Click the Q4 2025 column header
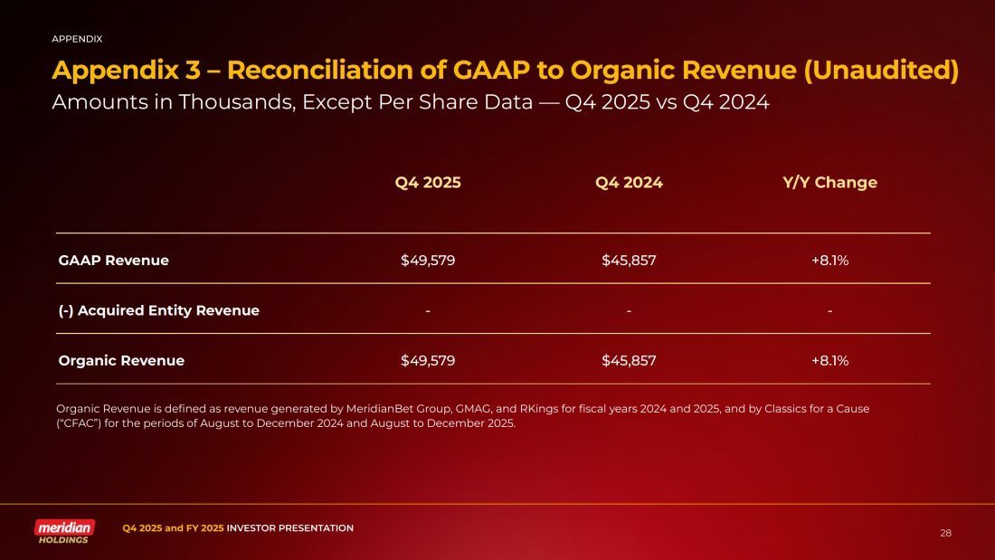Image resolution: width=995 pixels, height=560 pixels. click(428, 183)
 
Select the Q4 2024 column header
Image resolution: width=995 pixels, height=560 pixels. click(629, 183)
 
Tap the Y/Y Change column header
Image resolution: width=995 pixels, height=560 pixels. click(829, 183)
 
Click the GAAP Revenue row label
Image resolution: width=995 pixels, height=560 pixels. click(114, 261)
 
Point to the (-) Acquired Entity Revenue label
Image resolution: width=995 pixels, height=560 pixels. click(159, 310)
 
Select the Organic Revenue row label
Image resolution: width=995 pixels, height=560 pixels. click(121, 360)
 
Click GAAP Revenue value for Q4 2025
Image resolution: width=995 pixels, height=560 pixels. click(428, 261)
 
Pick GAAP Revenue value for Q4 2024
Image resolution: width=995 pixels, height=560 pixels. click(629, 261)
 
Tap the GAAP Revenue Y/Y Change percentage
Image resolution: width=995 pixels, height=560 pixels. click(829, 261)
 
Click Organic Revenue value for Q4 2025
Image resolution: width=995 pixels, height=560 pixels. click(428, 360)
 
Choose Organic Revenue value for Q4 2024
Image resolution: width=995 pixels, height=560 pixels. click(629, 360)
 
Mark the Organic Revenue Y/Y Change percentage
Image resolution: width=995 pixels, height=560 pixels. click(829, 360)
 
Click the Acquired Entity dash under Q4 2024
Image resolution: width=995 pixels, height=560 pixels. click(629, 310)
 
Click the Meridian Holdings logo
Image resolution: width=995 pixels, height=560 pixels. click(64, 531)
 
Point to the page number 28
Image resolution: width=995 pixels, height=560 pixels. click(945, 533)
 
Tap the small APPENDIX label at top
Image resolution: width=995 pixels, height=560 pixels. click(77, 39)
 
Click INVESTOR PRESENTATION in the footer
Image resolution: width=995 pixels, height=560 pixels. click(289, 527)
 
